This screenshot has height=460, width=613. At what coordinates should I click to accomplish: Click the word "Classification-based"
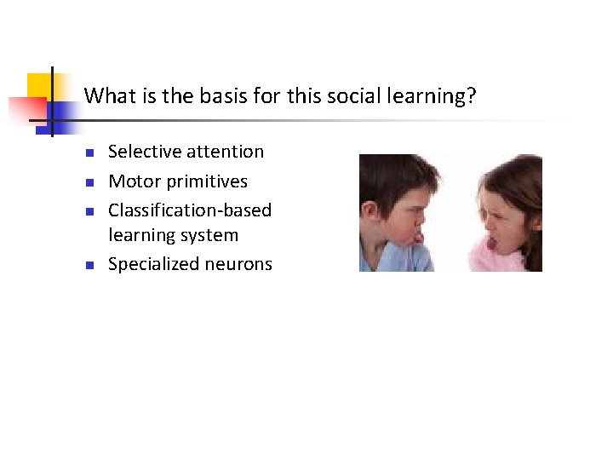190,210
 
